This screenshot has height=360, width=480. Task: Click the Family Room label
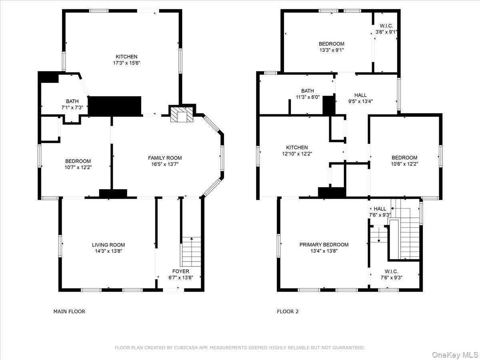pos(165,158)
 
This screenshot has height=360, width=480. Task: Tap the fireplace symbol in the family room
pos(182,115)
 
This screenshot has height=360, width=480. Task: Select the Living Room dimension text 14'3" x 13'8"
pos(108,251)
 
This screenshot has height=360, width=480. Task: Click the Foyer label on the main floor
pos(181,271)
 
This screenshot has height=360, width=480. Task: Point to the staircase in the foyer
pos(192,252)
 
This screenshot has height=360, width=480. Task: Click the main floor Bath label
pos(72,101)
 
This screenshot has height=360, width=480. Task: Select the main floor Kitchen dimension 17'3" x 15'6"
pos(126,63)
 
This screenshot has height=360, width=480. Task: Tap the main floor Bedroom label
pos(78,161)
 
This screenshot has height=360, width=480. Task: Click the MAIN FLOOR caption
pos(69,311)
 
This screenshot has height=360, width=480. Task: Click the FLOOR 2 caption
pos(288,311)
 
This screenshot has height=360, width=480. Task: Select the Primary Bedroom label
pos(324,245)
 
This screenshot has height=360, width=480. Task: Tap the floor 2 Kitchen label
pos(297,148)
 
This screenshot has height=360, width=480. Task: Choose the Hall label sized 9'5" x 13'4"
pos(360,95)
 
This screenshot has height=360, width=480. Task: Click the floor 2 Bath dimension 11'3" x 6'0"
pos(308,97)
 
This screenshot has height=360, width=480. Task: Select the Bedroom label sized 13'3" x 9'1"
pos(331,44)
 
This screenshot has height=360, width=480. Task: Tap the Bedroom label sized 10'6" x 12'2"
pos(404,158)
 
